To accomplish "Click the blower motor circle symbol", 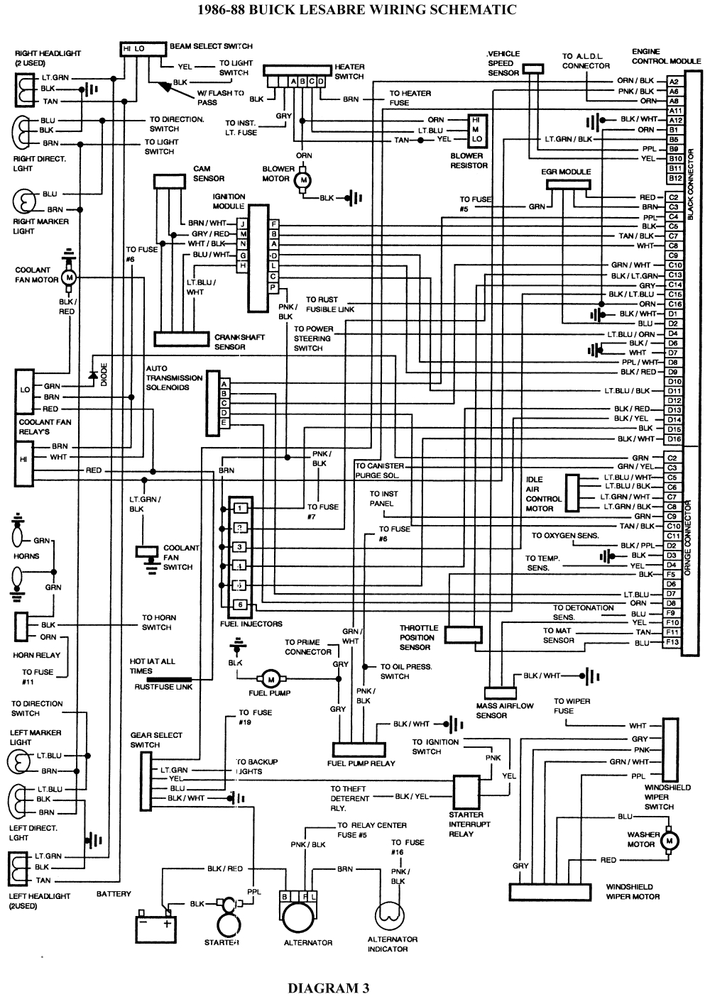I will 303,180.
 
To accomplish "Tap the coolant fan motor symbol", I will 70,278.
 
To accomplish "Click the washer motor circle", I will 668,841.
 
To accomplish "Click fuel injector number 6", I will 241,605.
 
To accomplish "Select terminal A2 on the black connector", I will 674,82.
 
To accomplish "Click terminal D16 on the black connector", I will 674,439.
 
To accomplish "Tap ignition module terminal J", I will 243,223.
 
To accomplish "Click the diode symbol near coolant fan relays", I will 92,375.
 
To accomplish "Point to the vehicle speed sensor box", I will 532,69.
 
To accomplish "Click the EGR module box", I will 568,184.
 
